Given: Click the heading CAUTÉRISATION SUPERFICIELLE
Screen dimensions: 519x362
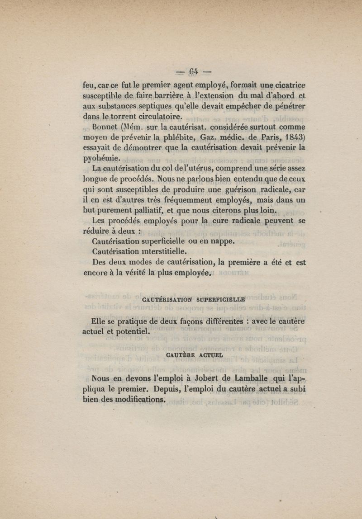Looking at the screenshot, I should (x=193, y=299).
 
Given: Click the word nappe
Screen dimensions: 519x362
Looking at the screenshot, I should (x=220, y=241).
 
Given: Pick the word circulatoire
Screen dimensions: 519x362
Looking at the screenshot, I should (x=152, y=116).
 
